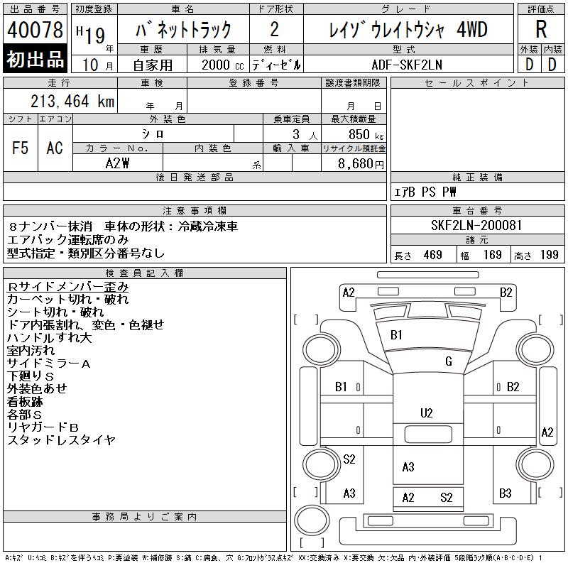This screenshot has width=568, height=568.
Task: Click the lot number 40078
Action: pyautogui.click(x=35, y=31)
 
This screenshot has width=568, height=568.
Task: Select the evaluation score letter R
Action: pyautogui.click(x=541, y=30)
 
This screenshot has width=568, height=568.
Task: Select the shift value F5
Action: pyautogui.click(x=20, y=148)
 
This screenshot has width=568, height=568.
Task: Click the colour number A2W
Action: pyautogui.click(x=117, y=163)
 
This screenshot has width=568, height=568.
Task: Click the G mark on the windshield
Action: pyautogui.click(x=449, y=361)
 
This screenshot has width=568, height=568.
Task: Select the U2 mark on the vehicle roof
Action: pyautogui.click(x=426, y=413)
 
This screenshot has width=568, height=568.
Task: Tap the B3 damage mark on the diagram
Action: pyautogui.click(x=506, y=493)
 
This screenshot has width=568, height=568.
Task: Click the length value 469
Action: pyautogui.click(x=433, y=255)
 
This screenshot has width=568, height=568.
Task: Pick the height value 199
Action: pyautogui.click(x=550, y=255)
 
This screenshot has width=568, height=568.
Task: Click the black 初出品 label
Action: pyautogui.click(x=35, y=60)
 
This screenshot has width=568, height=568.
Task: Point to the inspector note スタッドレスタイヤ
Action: pyautogui.click(x=61, y=440)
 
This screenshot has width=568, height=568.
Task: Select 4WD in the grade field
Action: pyautogui.click(x=472, y=30)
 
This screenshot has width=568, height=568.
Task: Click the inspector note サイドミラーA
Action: pyautogui.click(x=48, y=364)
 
